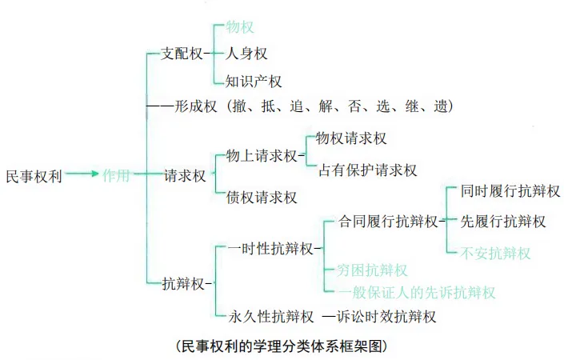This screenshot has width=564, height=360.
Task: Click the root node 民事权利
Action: pos(34,175)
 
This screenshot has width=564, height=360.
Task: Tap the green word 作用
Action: pos(116,175)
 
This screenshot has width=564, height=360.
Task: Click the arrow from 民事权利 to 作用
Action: pos(81,175)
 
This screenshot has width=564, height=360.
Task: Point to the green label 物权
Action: pos(240,26)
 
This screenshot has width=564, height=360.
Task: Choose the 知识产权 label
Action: pos(254,80)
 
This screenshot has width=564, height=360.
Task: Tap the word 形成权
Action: pos(196,106)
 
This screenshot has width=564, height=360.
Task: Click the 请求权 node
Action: pos(185,175)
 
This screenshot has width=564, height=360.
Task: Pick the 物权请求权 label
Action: pos(351,138)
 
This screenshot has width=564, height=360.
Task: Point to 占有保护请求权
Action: pos(368,170)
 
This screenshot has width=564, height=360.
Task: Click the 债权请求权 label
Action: pos(262,197)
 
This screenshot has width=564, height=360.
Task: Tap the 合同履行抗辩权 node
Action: pos(388,221)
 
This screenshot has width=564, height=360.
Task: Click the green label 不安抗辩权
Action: pos(496,253)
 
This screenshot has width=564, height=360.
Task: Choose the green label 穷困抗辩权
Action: pos(373,270)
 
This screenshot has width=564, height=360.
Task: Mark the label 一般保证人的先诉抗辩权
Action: pos(416,292)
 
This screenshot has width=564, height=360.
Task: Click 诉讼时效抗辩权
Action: pos(386,317)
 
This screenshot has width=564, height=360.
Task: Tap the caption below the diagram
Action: pos(282,346)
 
